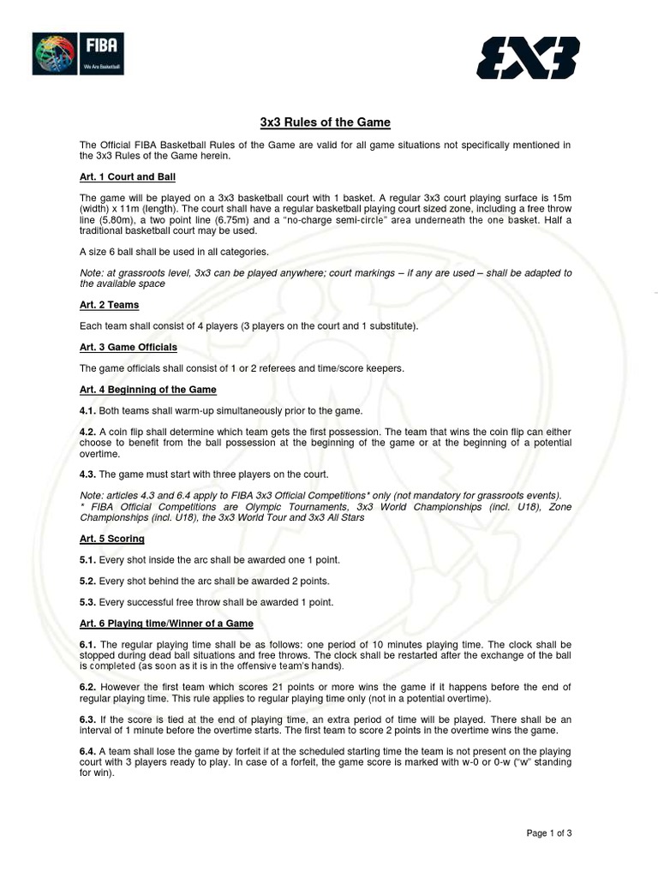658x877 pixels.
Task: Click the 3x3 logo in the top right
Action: [529, 58]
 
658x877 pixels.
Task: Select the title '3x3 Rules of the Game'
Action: [329, 122]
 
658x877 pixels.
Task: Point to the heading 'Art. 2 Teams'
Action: [109, 305]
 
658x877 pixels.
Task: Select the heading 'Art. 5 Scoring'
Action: [111, 539]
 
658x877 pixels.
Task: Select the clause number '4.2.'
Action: [88, 432]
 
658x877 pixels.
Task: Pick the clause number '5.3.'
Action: [88, 602]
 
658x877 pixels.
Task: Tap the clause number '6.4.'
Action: [88, 750]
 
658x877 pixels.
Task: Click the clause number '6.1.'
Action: [88, 644]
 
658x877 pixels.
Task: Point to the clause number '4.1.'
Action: [88, 410]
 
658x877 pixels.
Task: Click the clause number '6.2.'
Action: [88, 687]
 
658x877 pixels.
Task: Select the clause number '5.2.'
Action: [88, 581]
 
